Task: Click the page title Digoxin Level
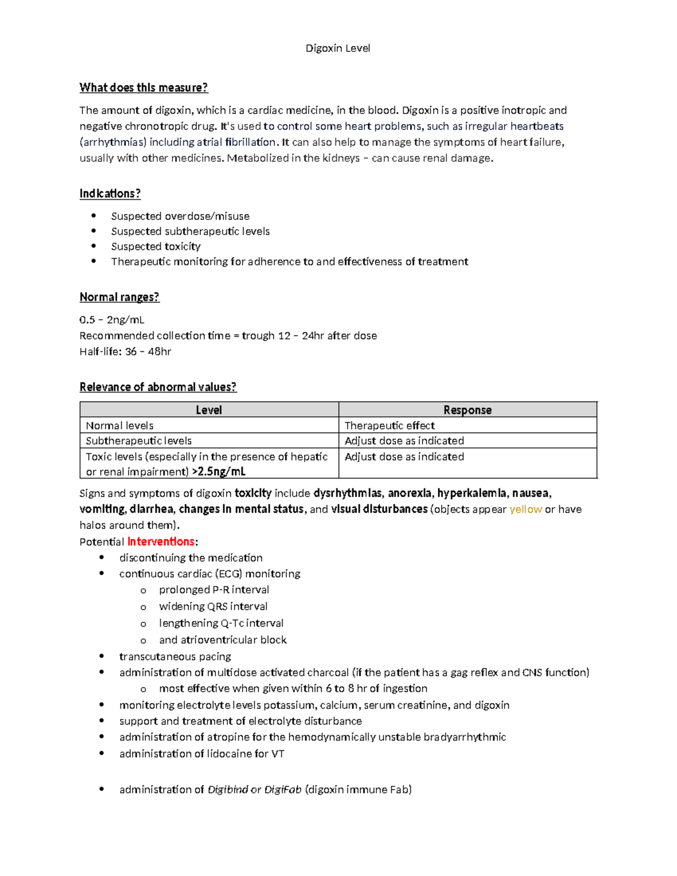tap(337, 49)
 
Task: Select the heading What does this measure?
tap(143, 87)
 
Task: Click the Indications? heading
tap(109, 193)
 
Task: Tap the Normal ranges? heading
tap(119, 297)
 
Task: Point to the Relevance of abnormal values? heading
tap(158, 387)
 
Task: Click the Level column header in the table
tap(209, 410)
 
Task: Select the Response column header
tap(467, 410)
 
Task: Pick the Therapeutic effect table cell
tap(389, 425)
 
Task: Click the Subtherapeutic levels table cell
tap(139, 441)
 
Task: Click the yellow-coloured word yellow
tap(525, 509)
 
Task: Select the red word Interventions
tap(161, 542)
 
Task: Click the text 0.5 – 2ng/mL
tap(112, 320)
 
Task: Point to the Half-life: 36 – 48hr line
tap(125, 351)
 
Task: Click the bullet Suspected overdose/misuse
tap(180, 216)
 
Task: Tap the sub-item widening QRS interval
tap(213, 606)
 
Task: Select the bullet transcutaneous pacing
tap(175, 657)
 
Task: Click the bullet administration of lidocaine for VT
tap(201, 754)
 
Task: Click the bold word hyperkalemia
tap(471, 494)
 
